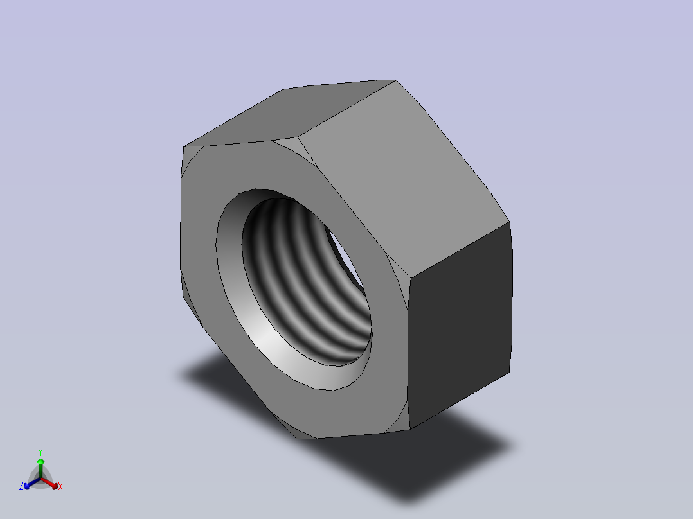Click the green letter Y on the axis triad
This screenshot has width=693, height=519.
click(x=40, y=452)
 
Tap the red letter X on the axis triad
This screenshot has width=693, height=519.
click(x=60, y=486)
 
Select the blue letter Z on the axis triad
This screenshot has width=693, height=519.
click(x=21, y=486)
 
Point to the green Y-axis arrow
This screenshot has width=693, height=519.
click(x=40, y=468)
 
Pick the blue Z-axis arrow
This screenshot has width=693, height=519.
click(x=32, y=483)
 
